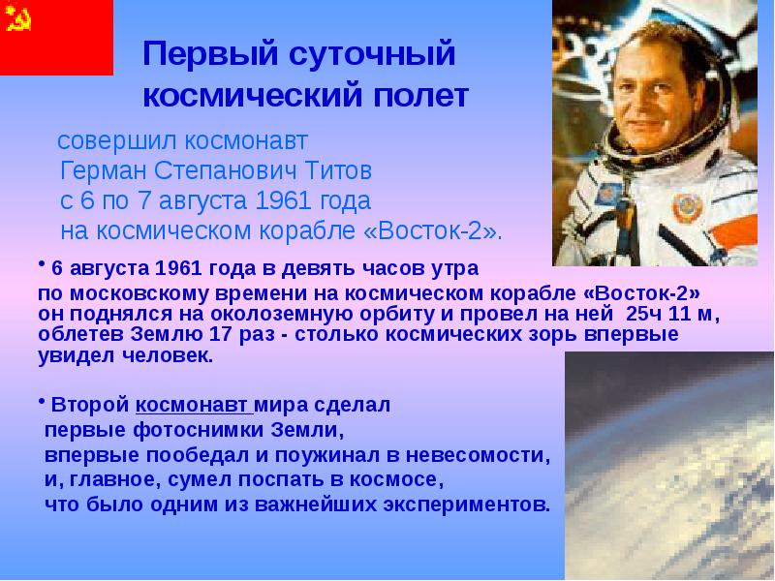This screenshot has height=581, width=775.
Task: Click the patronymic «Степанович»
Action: (219, 171)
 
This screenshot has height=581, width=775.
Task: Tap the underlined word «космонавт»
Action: (193, 405)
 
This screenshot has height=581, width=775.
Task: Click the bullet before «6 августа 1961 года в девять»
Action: (43, 262)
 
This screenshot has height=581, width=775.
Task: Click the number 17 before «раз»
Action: (268, 335)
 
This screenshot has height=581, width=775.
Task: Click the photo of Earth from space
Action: (669, 465)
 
